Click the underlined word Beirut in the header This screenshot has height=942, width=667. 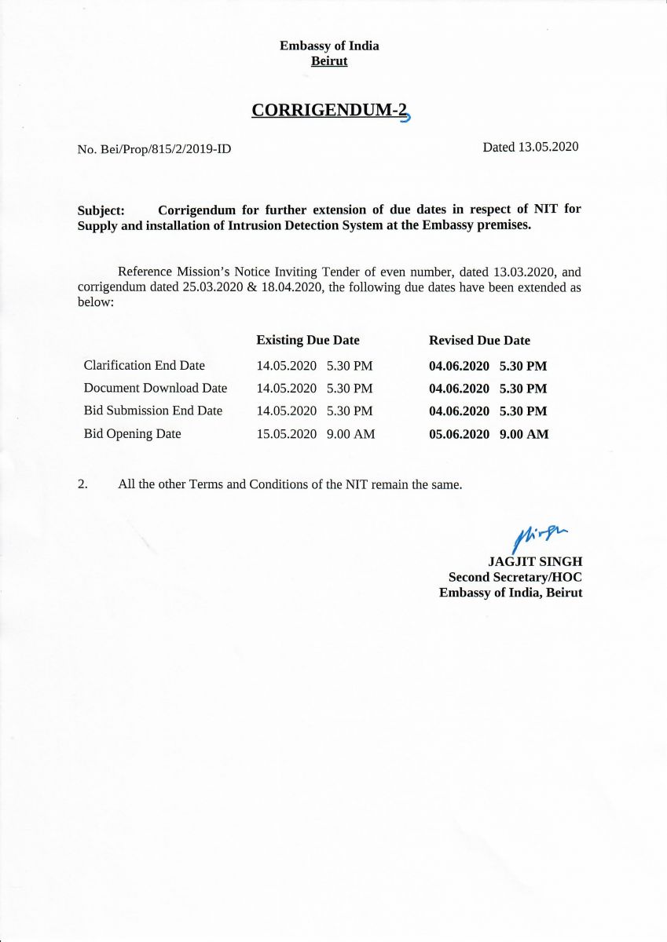click(x=329, y=61)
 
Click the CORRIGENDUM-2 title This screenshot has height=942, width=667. click(x=330, y=110)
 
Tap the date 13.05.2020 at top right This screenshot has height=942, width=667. click(x=548, y=147)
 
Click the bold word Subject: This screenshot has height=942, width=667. click(x=101, y=210)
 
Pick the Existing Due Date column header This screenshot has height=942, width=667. click(x=308, y=340)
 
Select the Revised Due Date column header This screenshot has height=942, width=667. click(x=479, y=340)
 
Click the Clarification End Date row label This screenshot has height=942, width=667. click(x=144, y=365)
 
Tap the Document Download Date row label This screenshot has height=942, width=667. click(x=156, y=388)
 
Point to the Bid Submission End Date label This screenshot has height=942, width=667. click(x=153, y=411)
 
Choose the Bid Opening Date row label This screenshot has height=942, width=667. click(x=132, y=433)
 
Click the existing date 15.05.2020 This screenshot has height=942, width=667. click(x=287, y=434)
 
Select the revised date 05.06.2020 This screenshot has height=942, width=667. click(x=459, y=434)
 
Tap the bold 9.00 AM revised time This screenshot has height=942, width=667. click(x=524, y=434)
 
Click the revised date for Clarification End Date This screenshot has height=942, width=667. click(x=459, y=366)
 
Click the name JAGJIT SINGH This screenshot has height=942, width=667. click(x=535, y=561)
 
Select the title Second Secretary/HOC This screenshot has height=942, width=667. click(x=515, y=577)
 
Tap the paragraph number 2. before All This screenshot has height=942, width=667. click(x=82, y=484)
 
